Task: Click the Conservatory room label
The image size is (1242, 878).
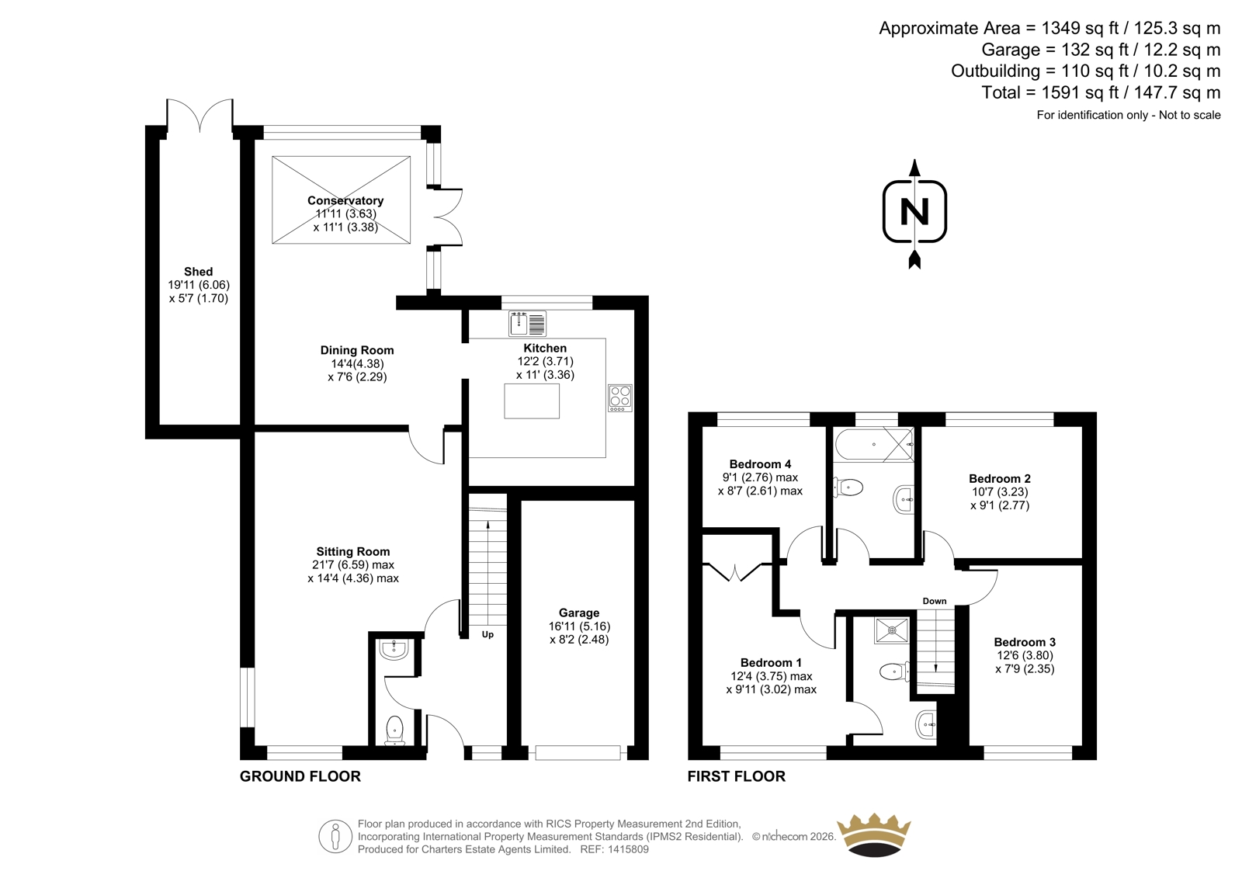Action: point(345,200)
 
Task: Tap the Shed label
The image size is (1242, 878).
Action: point(199,271)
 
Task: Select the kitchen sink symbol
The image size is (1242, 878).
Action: point(527,324)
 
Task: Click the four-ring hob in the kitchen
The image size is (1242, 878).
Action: point(620,398)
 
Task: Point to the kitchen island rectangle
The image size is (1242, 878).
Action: point(532,401)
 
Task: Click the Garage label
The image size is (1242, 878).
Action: point(579,613)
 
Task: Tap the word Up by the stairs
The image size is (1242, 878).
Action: point(487,634)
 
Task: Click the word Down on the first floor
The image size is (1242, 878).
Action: point(935,601)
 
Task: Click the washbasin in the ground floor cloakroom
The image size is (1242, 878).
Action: point(394,650)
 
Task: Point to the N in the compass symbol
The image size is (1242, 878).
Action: point(915,211)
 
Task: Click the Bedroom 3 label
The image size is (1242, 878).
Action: point(1025,642)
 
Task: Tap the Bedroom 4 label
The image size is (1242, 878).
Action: point(760,463)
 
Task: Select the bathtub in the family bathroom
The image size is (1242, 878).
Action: point(874,444)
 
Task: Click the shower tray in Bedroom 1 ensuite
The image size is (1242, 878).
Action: point(892,630)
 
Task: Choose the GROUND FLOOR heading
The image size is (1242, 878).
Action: point(300,776)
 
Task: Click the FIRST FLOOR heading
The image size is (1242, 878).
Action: point(737,776)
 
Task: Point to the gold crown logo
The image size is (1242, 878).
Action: point(874,835)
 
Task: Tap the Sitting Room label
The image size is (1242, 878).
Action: point(353,551)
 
